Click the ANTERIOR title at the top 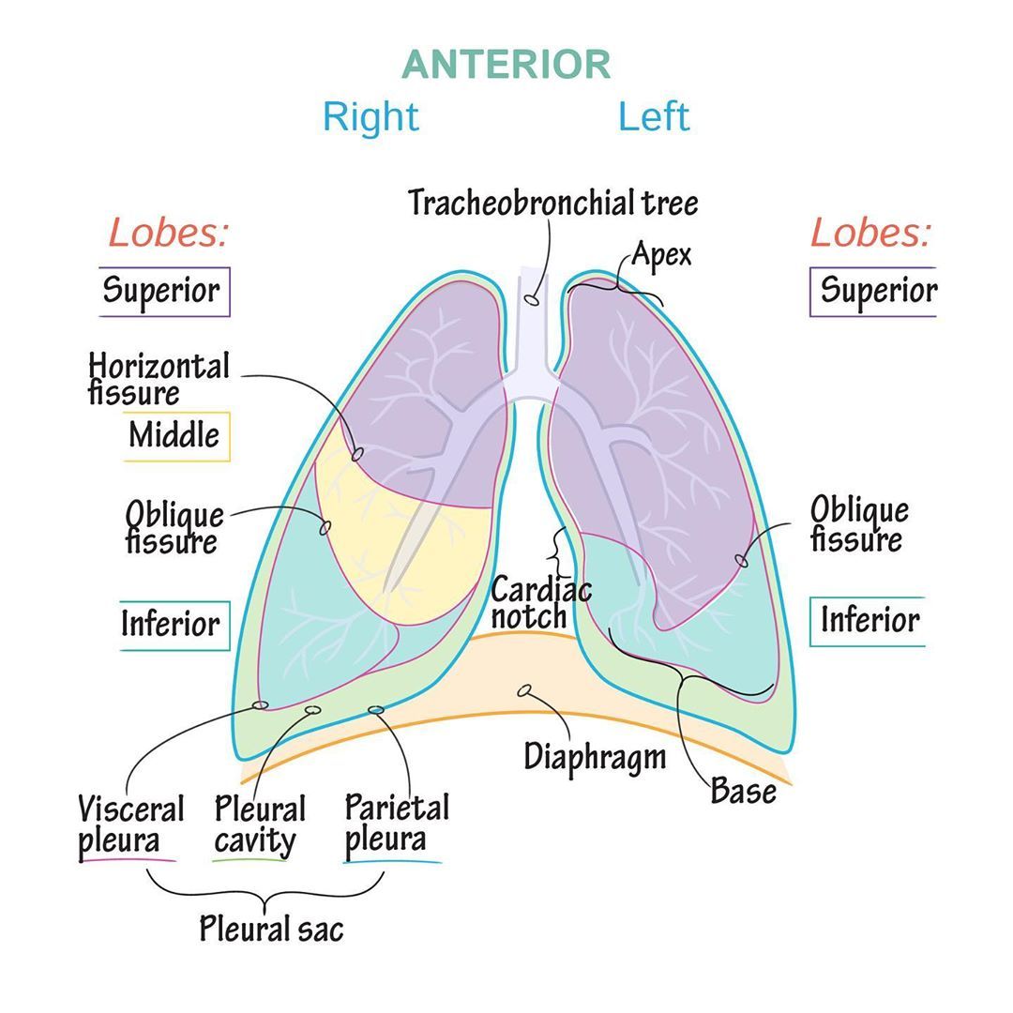[x=506, y=65]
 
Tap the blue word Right [x=370, y=117]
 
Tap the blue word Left [x=654, y=117]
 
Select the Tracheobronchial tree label [x=553, y=202]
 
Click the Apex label [x=661, y=253]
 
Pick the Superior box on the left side [x=164, y=291]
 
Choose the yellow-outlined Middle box [x=175, y=436]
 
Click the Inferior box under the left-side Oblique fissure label [x=174, y=624]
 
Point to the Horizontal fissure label [x=158, y=378]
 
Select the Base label [x=743, y=791]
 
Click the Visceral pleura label [x=129, y=824]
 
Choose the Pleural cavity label [x=260, y=824]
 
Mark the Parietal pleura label [x=396, y=823]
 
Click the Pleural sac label [x=271, y=929]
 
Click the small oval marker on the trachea [x=531, y=299]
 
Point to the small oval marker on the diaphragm [x=525, y=691]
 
